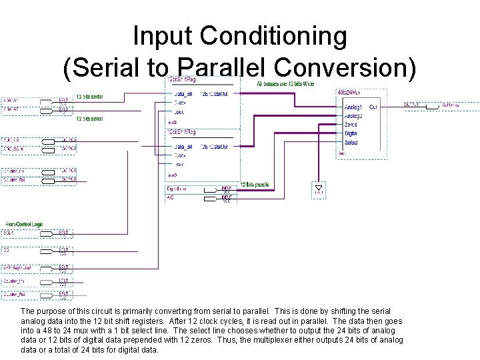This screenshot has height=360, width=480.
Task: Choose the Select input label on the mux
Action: pos(351,142)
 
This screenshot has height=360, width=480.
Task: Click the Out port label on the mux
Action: pos(373,107)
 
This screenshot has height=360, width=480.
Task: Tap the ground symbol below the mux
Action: pos(319,190)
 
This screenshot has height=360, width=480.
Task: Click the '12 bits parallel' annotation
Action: pos(255,184)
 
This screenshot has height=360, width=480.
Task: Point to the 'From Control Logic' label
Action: pos(23,224)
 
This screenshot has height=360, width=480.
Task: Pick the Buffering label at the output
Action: pos(451,105)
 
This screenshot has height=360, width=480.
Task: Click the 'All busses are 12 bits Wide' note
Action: pos(287,85)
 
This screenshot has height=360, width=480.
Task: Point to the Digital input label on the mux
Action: pos(351,133)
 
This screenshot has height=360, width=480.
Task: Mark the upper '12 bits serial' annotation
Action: pos(89,97)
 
